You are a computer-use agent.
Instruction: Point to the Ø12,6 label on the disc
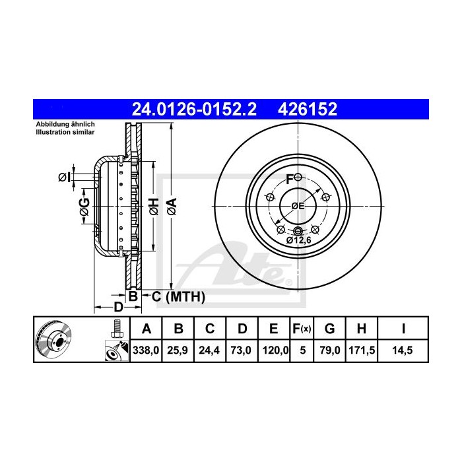tap(298, 241)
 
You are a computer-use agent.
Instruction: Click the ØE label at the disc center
tap(298, 206)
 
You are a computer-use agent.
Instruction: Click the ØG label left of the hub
tap(84, 207)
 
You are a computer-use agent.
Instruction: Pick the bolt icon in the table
tap(117, 328)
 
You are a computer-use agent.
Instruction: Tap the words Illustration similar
tap(65, 132)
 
